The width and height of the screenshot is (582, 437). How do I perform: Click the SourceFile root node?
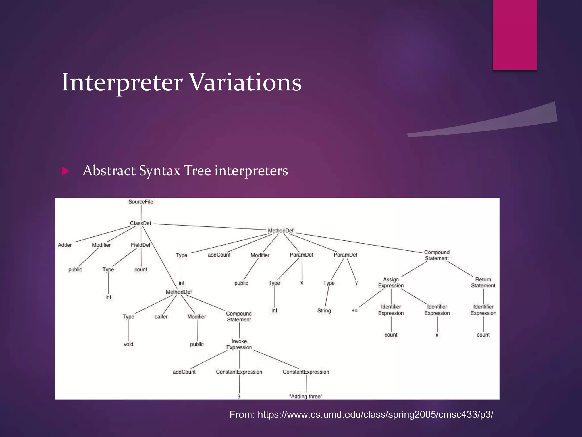click(141, 202)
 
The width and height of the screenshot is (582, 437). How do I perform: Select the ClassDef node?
click(141, 223)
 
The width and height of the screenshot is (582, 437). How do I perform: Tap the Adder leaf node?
click(65, 245)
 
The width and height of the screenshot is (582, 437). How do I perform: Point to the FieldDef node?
click(141, 245)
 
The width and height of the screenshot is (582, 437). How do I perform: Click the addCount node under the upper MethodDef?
click(219, 255)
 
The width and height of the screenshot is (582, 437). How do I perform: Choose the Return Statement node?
click(483, 283)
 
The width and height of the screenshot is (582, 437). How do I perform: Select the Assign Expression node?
click(391, 283)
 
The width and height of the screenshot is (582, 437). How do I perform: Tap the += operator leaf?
click(354, 310)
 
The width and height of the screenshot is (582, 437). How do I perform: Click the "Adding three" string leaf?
click(306, 396)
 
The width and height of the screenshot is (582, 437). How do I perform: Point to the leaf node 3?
click(239, 396)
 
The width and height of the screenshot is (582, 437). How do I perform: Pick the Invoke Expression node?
click(239, 344)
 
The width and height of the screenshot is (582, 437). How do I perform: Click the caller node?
click(161, 317)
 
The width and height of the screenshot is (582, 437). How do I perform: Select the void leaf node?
click(128, 344)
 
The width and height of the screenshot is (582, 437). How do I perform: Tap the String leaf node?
click(324, 311)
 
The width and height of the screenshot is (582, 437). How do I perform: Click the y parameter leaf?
click(356, 283)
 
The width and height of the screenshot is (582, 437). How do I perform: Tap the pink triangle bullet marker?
click(66, 171)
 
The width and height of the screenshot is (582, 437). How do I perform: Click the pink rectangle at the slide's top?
click(514, 35)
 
